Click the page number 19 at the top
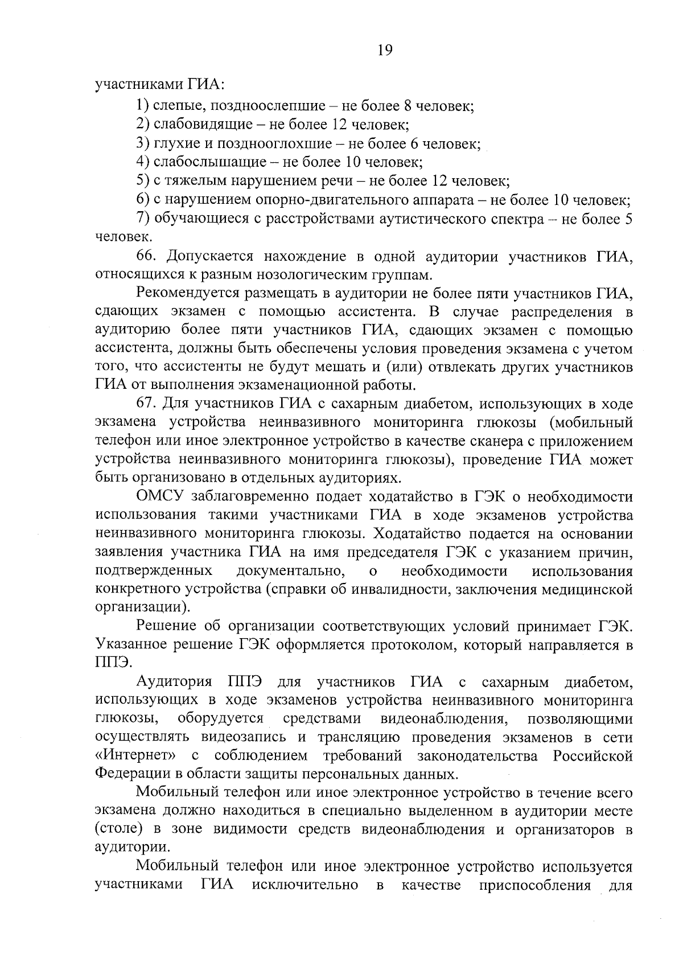click(385, 51)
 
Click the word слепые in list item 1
click(173, 106)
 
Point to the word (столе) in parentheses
click(116, 830)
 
